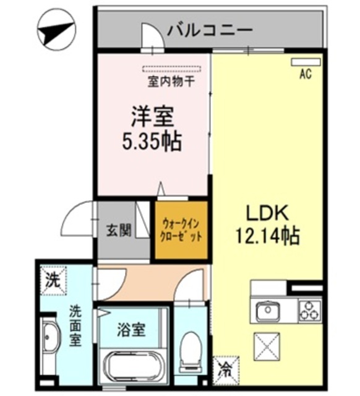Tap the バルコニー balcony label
(210, 29)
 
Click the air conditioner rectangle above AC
(306, 62)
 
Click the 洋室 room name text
(152, 116)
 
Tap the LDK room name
(268, 213)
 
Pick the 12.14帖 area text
(268, 236)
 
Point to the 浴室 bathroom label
(131, 329)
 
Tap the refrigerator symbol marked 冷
(224, 370)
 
